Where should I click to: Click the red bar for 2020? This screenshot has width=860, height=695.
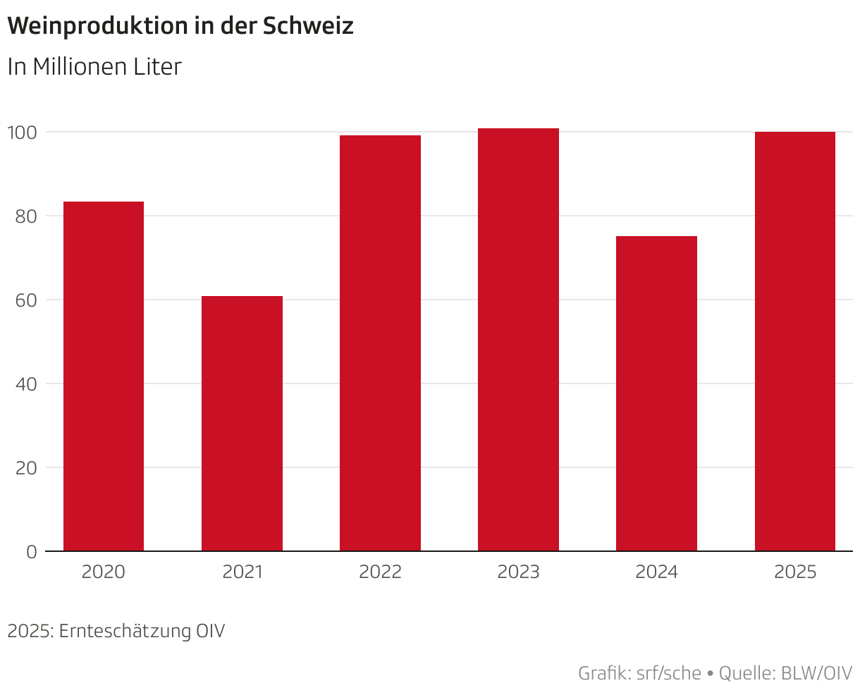[x=104, y=376]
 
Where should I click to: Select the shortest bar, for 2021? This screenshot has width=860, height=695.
[x=242, y=424]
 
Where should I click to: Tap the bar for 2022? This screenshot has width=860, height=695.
[x=380, y=343]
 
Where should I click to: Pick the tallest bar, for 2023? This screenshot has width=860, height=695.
[x=518, y=340]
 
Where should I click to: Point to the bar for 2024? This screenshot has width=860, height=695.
[x=656, y=393]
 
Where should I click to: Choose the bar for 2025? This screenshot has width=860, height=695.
[x=794, y=341]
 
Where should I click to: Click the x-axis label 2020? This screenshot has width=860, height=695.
[x=104, y=572]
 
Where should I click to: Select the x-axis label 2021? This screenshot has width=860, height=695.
[x=242, y=572]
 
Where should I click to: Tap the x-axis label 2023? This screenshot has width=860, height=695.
[x=518, y=572]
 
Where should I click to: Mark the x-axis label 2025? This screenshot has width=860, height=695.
[x=794, y=572]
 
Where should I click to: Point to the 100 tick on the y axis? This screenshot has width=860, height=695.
[x=22, y=132]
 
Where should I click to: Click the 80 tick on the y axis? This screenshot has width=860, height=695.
[x=25, y=216]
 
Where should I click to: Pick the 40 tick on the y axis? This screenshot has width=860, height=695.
[x=25, y=383]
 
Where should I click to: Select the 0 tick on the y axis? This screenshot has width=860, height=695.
[x=31, y=552]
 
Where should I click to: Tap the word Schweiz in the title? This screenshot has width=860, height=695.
[x=308, y=26]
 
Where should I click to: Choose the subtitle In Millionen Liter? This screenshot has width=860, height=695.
[x=94, y=67]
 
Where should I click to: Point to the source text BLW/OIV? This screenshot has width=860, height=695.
[x=816, y=673]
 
